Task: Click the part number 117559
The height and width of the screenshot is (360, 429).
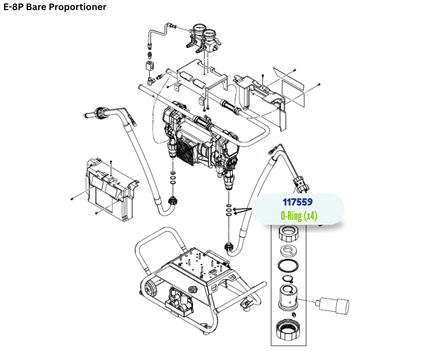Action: pos(297,201)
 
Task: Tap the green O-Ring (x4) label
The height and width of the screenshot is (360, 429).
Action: pos(299,216)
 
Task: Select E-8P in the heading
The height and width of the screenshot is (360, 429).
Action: pos(14,7)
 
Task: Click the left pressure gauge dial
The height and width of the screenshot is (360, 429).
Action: pos(199,31)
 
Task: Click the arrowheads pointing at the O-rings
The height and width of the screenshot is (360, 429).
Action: pos(236,211)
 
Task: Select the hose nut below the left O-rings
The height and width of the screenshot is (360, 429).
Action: pos(173,200)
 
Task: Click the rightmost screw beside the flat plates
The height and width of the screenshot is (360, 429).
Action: pos(319,85)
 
